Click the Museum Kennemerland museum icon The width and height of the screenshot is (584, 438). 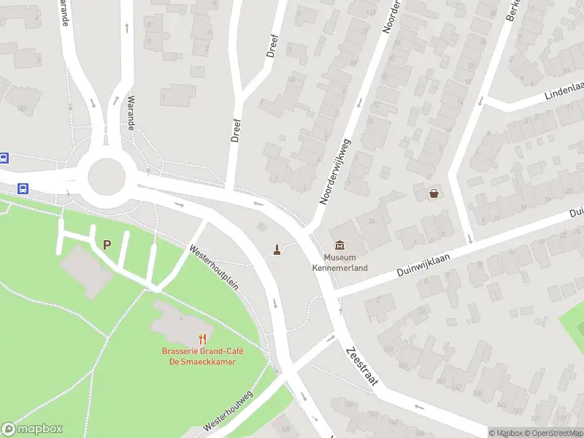[340, 245]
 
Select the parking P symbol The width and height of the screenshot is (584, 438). [107, 245]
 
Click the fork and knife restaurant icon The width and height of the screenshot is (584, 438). [203, 339]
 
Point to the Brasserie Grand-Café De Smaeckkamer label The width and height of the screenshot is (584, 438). [203, 357]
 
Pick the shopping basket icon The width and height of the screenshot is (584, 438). [435, 193]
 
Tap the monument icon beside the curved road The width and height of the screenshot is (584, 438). [277, 250]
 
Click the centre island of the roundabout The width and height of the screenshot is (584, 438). [107, 176]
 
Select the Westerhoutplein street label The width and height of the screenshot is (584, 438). [214, 267]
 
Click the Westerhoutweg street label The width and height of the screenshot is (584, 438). [228, 413]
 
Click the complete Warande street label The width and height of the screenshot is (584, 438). [131, 113]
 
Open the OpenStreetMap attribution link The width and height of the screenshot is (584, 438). [554, 433]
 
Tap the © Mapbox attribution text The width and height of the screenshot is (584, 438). [505, 433]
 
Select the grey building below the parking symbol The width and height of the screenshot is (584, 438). [87, 269]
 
